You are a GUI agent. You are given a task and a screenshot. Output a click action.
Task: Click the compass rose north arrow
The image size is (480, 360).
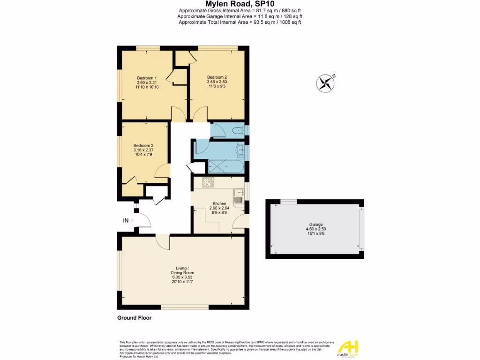pos(324,83)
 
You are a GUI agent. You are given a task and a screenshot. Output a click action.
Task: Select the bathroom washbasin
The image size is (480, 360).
pos(240,150)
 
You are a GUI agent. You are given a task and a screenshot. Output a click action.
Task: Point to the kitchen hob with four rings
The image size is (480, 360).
pos(208,182)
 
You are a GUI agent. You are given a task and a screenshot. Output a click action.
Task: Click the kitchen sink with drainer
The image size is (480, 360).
pos(238,196)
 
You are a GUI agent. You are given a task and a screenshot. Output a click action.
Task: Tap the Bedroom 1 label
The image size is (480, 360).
pos(147,78)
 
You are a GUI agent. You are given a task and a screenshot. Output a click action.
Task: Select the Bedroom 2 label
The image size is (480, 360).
pos(217,77)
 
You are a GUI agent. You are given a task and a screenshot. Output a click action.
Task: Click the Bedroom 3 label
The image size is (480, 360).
pos(143,145)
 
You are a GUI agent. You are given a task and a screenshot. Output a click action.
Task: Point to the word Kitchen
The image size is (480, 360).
pos(213,203)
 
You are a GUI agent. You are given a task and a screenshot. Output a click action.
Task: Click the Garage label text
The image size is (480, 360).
pos(315,225)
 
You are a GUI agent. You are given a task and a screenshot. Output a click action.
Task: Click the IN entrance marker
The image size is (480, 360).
pos(125,220)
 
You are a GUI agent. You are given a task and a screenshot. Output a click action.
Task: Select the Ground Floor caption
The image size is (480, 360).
pos(134,318)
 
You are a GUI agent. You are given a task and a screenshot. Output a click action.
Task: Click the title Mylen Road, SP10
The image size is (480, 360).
pos(240,4)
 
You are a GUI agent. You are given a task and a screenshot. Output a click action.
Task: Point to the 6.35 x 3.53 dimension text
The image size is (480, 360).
pos(181,277)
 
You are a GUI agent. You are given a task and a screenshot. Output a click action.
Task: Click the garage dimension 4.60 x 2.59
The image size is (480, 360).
pos(315,229)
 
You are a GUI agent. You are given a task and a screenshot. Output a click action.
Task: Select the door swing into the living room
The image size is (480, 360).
pos(163,241)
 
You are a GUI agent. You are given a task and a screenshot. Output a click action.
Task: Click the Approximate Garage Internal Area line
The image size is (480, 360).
pos(240,16)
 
